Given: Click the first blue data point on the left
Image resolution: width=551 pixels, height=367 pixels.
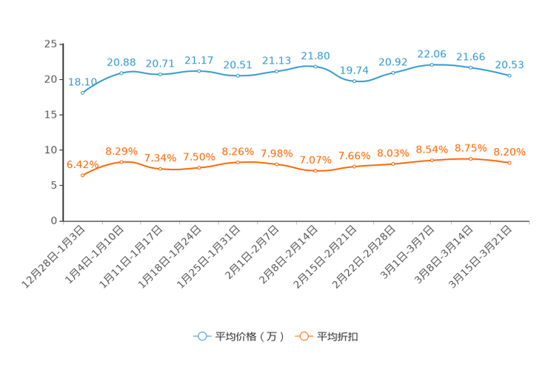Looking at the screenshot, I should coord(83,92).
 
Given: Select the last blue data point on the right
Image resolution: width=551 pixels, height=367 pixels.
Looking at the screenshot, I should coord(510,75).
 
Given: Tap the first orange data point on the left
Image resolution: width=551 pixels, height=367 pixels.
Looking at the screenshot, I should coord(83,175).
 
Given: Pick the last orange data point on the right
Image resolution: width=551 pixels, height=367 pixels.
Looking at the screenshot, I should coord(510,162).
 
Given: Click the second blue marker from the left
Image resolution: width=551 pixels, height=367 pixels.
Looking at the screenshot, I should coord(121,72).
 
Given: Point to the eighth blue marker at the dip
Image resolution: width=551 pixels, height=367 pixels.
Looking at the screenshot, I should coord(355,80).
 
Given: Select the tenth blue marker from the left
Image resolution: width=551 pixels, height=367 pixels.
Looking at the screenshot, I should coord(432,64).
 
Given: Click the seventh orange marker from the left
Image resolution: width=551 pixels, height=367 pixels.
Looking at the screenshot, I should coord(315,170).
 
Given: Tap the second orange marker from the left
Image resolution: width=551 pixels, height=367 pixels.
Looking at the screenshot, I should coord(121,161).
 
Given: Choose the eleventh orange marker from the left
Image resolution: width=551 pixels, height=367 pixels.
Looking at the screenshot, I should coord(471,158).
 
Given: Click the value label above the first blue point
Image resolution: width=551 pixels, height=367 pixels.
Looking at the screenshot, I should coord(81,81).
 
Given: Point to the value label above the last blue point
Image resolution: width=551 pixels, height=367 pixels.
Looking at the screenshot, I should coord(510,64).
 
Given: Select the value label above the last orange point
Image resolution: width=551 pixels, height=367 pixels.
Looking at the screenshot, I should coord(510,152).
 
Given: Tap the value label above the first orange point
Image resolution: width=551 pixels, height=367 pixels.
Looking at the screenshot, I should coord(81,164).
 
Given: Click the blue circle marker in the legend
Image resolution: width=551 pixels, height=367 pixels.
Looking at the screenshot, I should coord(201,336).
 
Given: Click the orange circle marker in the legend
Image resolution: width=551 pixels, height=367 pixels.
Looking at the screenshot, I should coord(302,336).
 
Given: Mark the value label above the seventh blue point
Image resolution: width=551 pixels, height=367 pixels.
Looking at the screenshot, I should coord(315,55).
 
